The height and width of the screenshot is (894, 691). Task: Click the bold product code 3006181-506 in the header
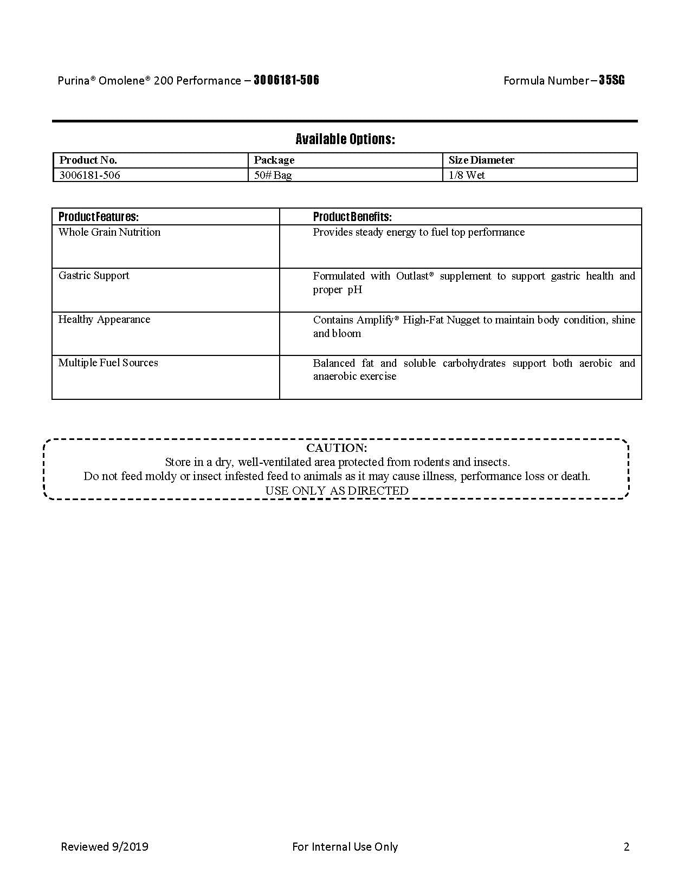(x=286, y=80)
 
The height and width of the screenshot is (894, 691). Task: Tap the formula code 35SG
(x=612, y=80)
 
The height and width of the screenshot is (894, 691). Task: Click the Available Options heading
(x=345, y=139)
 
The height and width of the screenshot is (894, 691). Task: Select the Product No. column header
(x=88, y=160)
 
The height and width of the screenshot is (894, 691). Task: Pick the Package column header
(x=274, y=160)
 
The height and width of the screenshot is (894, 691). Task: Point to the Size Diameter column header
(x=481, y=160)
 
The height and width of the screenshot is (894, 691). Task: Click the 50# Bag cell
(x=273, y=175)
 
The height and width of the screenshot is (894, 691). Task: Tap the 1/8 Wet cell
(x=467, y=175)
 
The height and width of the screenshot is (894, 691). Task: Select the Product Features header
(x=99, y=217)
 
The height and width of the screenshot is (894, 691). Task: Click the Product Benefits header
(x=352, y=217)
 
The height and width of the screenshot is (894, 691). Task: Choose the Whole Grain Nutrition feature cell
(x=109, y=232)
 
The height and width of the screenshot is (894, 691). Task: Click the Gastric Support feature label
(x=94, y=275)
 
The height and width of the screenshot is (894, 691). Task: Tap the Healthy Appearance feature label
(x=104, y=319)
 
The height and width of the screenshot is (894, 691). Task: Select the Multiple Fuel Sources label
(x=108, y=362)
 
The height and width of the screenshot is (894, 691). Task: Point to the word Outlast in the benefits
(x=412, y=276)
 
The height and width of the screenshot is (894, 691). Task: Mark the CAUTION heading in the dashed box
(x=337, y=448)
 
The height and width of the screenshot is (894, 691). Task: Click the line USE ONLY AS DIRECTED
(x=337, y=490)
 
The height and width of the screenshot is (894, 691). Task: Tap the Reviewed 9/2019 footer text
(x=105, y=846)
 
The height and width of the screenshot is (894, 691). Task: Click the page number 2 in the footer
(x=627, y=846)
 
